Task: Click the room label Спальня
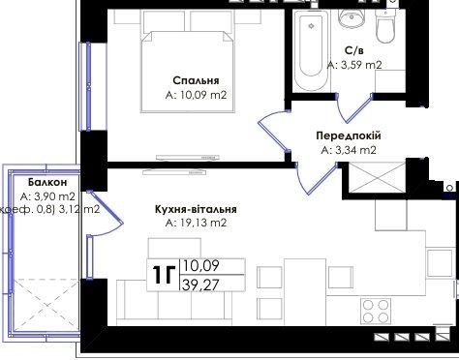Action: [196, 80]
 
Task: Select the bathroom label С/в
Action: [354, 50]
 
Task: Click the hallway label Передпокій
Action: [349, 135]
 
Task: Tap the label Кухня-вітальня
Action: [196, 209]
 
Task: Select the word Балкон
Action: [47, 182]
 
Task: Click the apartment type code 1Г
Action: [164, 275]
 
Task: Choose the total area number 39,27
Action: [200, 285]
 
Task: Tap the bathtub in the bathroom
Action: [311, 50]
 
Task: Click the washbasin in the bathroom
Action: [352, 18]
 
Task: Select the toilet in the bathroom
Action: [385, 26]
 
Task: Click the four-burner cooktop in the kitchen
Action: [376, 311]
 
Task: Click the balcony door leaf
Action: [106, 207]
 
